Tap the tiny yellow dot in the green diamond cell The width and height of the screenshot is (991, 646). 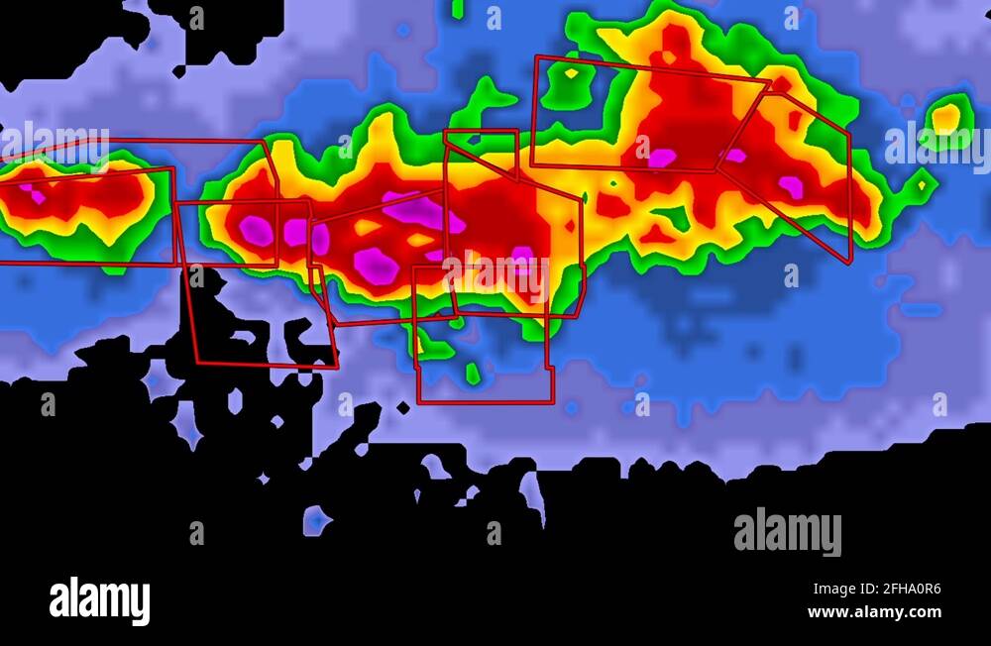(x=922, y=185)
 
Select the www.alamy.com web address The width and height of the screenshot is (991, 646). (x=874, y=612)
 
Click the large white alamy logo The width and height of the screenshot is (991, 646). (x=99, y=600)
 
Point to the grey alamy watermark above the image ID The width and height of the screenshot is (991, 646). (x=787, y=531)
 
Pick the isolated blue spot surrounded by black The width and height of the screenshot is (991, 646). (x=315, y=519)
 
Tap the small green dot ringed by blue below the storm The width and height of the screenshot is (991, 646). (x=473, y=374)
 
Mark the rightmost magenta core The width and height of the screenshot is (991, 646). (x=791, y=185)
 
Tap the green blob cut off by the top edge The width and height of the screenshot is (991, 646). (x=457, y=8)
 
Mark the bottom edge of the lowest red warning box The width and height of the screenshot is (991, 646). (x=484, y=402)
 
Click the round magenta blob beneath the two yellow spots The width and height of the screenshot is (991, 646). (x=376, y=264)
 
